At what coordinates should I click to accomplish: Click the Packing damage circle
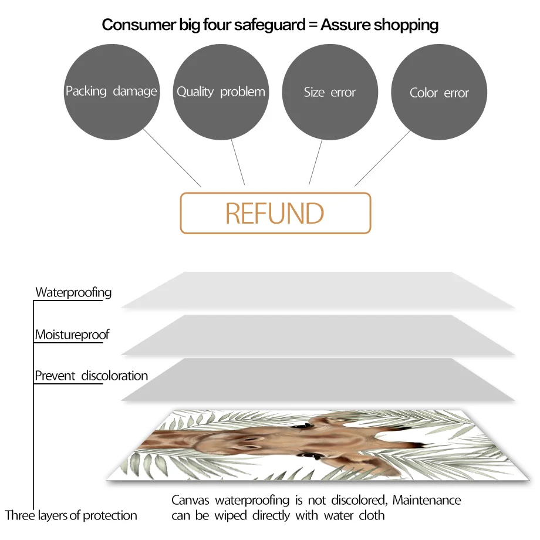(111, 91)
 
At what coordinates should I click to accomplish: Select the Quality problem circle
(221, 92)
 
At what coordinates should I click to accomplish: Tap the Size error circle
(330, 92)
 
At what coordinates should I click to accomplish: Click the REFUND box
(275, 213)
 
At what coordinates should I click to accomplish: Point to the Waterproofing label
(73, 292)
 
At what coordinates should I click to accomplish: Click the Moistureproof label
(72, 335)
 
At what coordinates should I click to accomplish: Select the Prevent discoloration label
(91, 376)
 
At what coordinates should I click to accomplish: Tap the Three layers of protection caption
(71, 515)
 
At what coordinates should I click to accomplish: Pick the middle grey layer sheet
(317, 335)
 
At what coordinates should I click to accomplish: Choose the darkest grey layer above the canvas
(317, 379)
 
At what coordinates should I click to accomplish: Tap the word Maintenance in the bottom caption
(427, 500)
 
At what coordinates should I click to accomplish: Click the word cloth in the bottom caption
(372, 515)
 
